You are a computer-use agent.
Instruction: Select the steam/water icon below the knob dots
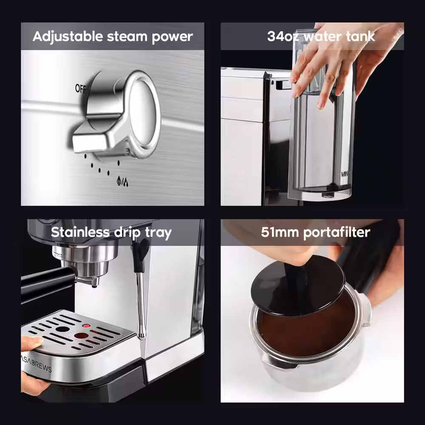122,181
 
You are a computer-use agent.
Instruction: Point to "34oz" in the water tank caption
283,36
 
